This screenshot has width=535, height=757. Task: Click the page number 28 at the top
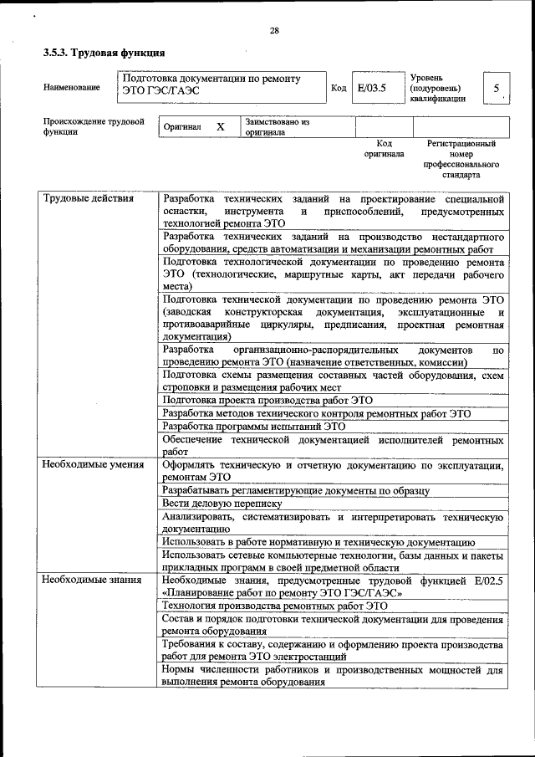(273, 31)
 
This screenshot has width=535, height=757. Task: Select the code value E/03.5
(371, 87)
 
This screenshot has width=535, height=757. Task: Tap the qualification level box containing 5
(497, 88)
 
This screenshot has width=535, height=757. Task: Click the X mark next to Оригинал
(220, 127)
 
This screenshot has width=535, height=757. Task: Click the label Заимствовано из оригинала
(277, 127)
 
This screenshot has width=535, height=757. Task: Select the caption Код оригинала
(384, 149)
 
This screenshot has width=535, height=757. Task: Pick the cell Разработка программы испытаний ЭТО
(253, 426)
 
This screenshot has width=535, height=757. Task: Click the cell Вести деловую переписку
(222, 504)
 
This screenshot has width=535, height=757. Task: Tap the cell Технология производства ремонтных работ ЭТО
(275, 605)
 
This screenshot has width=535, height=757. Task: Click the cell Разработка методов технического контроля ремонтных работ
(317, 413)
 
